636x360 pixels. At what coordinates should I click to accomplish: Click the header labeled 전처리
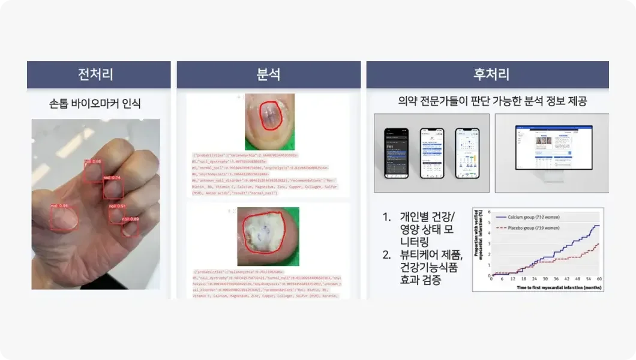click(x=95, y=74)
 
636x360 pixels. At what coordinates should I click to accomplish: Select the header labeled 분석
click(x=268, y=74)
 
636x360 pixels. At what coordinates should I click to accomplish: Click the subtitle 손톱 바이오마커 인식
click(x=95, y=103)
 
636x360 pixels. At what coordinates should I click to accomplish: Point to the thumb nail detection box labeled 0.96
click(x=64, y=218)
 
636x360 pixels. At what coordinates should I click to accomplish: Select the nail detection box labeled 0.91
click(x=116, y=214)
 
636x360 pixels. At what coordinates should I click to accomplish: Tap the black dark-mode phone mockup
click(x=397, y=152)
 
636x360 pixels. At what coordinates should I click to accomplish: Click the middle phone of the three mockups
click(x=432, y=152)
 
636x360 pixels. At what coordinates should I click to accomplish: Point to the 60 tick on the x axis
click(x=599, y=279)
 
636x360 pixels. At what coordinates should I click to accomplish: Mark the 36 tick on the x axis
click(x=556, y=279)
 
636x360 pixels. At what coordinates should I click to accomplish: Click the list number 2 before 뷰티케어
click(x=387, y=254)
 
